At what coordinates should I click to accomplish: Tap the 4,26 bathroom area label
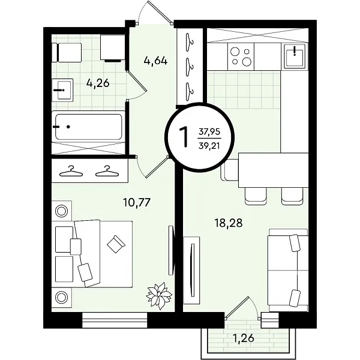coord(98,83)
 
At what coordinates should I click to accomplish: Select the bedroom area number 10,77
coord(137,202)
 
